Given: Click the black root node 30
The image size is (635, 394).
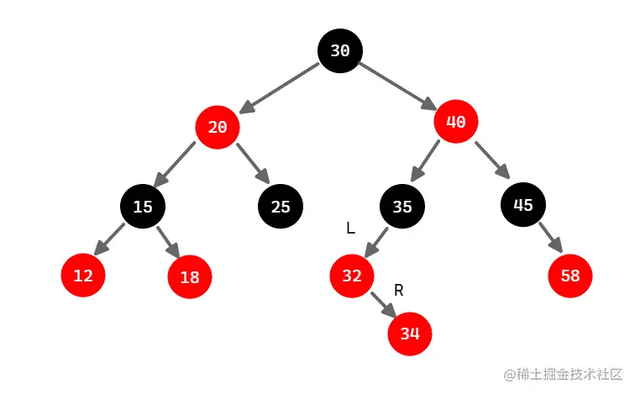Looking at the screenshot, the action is click(339, 50).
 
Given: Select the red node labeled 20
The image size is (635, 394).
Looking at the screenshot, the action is click(218, 128).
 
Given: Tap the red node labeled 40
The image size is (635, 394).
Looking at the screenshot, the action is click(456, 122).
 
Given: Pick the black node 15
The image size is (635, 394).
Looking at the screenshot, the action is click(143, 206).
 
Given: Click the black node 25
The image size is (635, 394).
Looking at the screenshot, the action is click(281, 206).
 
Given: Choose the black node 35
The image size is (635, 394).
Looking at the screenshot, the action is click(402, 206).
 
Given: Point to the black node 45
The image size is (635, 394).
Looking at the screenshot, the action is click(523, 203).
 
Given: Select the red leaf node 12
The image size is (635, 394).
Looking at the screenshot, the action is click(83, 275).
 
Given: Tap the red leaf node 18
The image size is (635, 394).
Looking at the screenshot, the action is click(190, 276).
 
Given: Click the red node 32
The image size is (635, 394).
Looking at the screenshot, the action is click(352, 275).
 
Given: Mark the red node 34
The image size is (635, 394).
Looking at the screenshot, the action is click(409, 334).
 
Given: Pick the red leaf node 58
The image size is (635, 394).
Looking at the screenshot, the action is click(571, 275).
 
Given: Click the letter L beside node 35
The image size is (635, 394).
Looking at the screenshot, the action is click(350, 228).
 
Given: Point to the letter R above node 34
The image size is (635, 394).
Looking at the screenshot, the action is click(399, 291).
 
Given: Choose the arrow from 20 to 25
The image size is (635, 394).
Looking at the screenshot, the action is click(252, 164).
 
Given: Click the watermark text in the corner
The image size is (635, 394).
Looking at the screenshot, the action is click(562, 373).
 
